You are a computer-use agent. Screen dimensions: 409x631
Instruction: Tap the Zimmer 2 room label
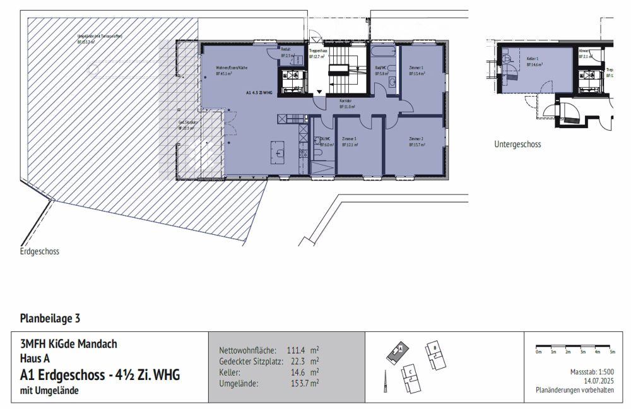click(x=416, y=138)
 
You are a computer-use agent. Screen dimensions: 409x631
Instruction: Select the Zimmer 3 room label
click(x=348, y=138)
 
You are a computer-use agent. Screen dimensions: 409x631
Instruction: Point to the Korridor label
click(x=346, y=101)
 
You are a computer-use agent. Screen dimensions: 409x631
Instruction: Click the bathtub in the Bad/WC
click(x=383, y=51)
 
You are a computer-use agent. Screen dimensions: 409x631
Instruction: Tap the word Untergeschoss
click(x=517, y=144)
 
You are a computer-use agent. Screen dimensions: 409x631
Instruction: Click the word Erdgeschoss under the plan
click(x=39, y=251)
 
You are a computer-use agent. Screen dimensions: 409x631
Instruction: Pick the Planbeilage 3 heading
click(x=50, y=318)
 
